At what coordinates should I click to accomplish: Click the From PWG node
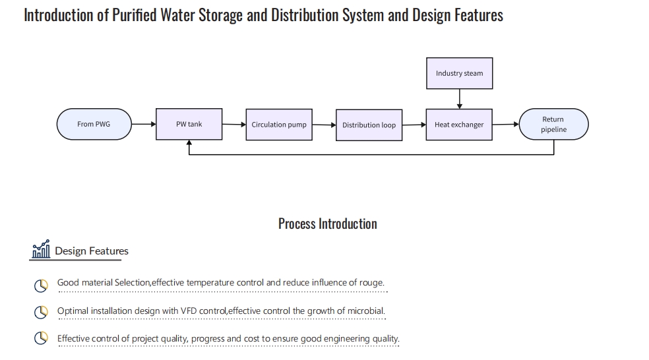94,124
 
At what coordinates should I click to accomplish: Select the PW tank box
189,124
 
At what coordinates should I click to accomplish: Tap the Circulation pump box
279,125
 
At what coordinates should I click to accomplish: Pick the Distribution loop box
369,125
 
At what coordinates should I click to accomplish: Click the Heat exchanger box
459,125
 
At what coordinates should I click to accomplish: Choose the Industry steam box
459,73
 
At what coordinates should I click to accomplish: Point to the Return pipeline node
553,125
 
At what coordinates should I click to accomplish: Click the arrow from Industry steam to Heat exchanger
459,99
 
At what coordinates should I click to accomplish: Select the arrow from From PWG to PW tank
143,124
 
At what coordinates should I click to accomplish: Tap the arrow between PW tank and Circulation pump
233,124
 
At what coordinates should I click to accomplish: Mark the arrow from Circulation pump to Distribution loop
324,124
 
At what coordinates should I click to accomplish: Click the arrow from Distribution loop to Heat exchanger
414,125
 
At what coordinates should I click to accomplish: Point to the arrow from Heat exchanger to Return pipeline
505,124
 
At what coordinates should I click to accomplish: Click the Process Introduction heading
327,224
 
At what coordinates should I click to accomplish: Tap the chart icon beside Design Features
41,250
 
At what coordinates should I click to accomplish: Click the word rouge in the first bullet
371,282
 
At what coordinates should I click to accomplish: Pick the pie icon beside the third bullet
41,338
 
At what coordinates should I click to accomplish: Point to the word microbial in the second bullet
365,311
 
